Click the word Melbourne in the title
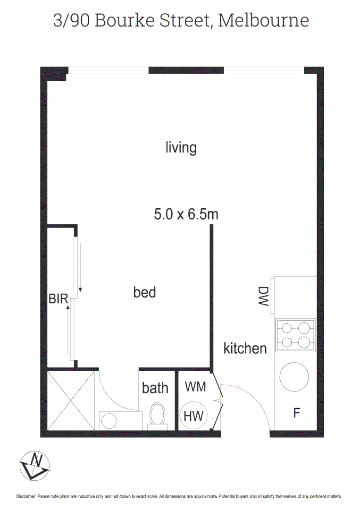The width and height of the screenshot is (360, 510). coord(264,20)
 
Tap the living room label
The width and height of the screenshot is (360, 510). coord(181,147)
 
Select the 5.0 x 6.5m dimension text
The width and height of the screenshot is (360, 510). coord(186,215)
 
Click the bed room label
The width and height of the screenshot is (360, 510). coord(144,292)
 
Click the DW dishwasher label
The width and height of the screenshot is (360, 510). coord(263,297)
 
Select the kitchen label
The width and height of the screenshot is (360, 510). coord(245,348)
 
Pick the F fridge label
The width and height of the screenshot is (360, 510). coord(297,413)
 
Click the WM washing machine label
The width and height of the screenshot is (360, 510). coord(195,386)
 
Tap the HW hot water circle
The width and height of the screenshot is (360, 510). coord(193,416)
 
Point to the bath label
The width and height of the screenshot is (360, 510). coord(155,388)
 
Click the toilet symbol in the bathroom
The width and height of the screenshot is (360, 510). coord(157,415)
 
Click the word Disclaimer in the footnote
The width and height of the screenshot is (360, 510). coord(25,497)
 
